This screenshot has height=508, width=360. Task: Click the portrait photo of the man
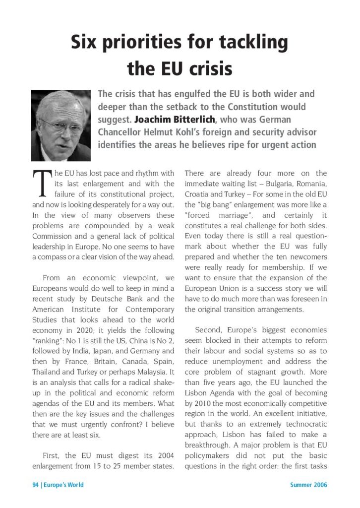pyautogui.click(x=61, y=125)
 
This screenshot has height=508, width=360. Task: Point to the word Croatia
pyautogui.click(x=198, y=194)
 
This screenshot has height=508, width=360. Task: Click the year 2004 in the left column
pyautogui.click(x=163, y=455)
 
